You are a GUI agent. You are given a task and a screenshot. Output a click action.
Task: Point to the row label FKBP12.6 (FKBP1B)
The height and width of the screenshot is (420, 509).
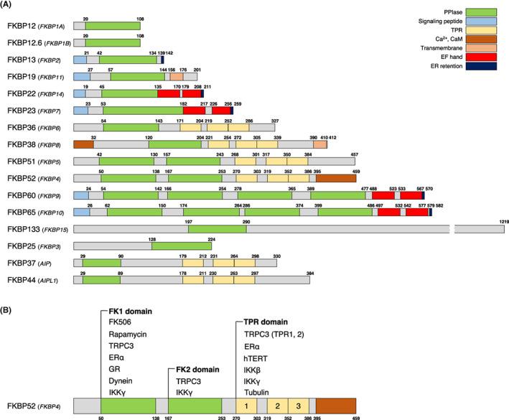point(36,42)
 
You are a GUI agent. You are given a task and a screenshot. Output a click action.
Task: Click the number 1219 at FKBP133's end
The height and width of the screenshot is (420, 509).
point(498,222)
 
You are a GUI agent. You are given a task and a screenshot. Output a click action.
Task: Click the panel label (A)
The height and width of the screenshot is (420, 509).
point(10,6)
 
